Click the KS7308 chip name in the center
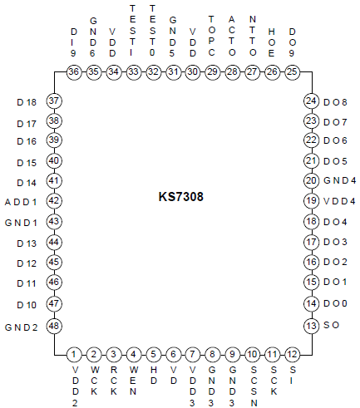pos(180,199)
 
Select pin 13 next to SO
pos(311,325)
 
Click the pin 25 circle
pos(292,71)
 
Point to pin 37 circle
pos(55,101)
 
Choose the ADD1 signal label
pos(21,202)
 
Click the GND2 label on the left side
pos(21,326)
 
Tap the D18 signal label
pos(26,102)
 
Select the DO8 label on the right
pos(335,101)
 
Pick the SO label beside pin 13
pos(329,326)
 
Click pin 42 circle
pos(55,200)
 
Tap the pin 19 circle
pos(311,200)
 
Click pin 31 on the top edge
pos(173,71)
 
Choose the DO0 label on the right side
pos(335,304)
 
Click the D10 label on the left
pos(26,305)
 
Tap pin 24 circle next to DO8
pos(311,101)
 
